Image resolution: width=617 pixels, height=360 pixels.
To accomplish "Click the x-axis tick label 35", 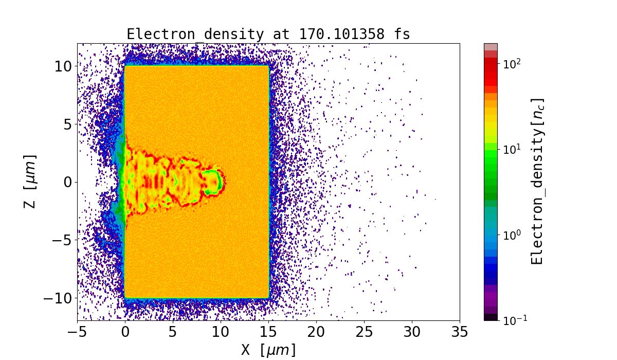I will click(x=459, y=332).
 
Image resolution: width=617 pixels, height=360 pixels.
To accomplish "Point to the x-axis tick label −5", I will click(x=77, y=332).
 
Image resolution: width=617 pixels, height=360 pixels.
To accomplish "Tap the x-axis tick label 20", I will click(x=316, y=332).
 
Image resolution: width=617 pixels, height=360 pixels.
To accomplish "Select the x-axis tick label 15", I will click(x=268, y=332).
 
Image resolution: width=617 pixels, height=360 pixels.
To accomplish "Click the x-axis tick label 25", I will click(x=364, y=332).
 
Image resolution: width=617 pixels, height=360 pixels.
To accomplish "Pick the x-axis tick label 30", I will click(x=412, y=332).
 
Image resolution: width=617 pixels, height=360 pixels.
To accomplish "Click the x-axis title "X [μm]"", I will click(x=268, y=350).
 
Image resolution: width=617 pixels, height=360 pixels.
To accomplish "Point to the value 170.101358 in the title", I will click(x=340, y=34).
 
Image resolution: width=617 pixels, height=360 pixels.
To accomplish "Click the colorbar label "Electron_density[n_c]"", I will click(x=537, y=181).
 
